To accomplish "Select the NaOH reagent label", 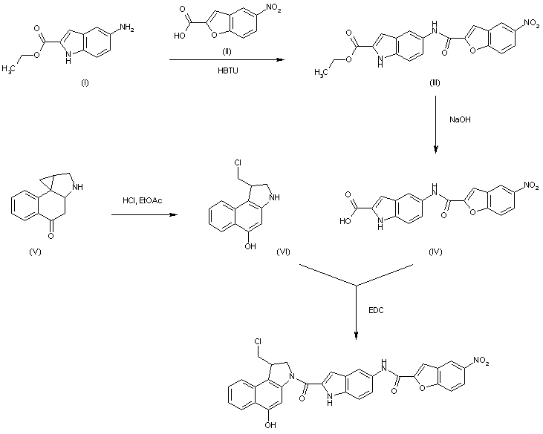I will click(458, 119).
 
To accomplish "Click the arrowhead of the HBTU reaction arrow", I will click(281, 62).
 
